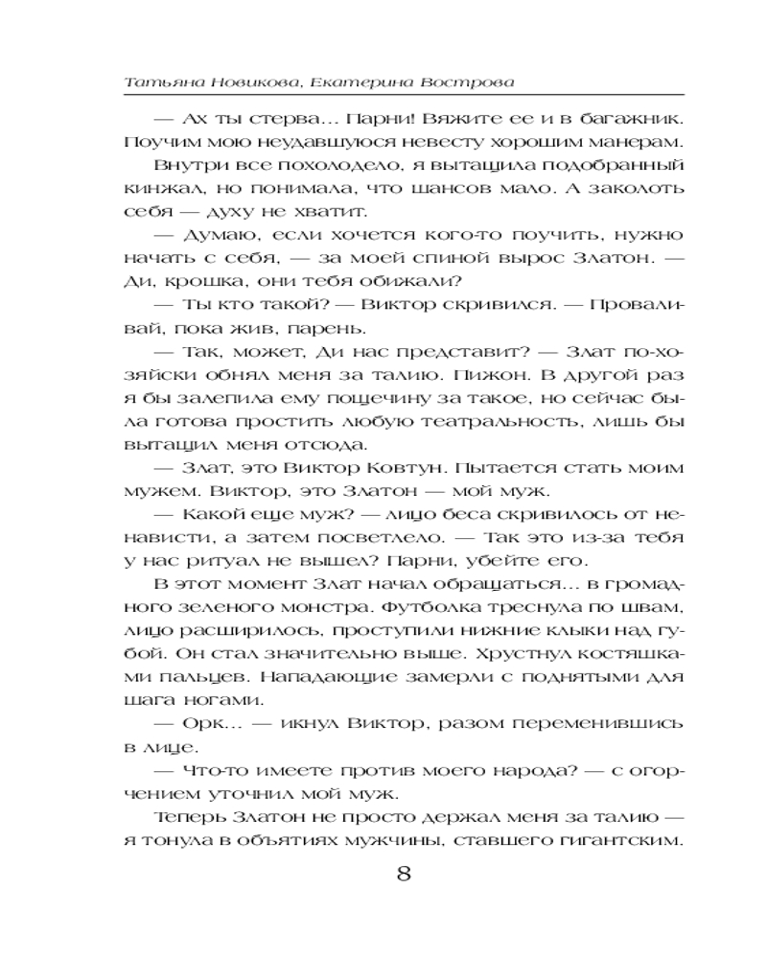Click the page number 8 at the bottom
point(403,874)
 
